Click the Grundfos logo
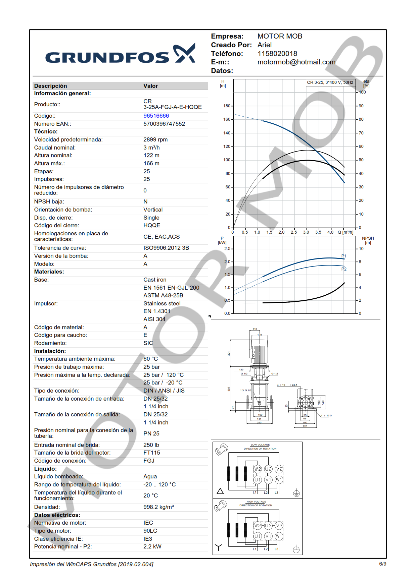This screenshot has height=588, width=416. (120, 54)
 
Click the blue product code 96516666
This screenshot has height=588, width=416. (156, 116)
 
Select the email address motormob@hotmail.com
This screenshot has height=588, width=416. (296, 62)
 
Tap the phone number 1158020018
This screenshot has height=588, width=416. (277, 54)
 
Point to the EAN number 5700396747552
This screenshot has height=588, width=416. (164, 124)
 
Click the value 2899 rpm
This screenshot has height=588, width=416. (155, 139)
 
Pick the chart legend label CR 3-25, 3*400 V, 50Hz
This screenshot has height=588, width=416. (330, 82)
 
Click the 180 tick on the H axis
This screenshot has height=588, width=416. (227, 106)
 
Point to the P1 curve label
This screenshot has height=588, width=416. (343, 256)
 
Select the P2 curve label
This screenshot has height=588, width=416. (344, 269)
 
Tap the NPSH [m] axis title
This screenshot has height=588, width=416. (368, 240)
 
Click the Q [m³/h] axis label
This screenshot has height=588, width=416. (345, 232)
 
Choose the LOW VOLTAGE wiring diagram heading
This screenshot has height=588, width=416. (260, 445)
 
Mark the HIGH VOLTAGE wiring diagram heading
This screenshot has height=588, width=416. (256, 502)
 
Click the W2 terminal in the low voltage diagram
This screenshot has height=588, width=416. (258, 469)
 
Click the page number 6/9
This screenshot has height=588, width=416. (382, 564)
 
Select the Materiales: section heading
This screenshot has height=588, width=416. (49, 272)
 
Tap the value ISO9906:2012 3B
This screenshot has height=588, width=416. (166, 248)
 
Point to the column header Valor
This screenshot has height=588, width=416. (150, 86)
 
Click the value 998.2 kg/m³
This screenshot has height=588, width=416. (158, 507)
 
